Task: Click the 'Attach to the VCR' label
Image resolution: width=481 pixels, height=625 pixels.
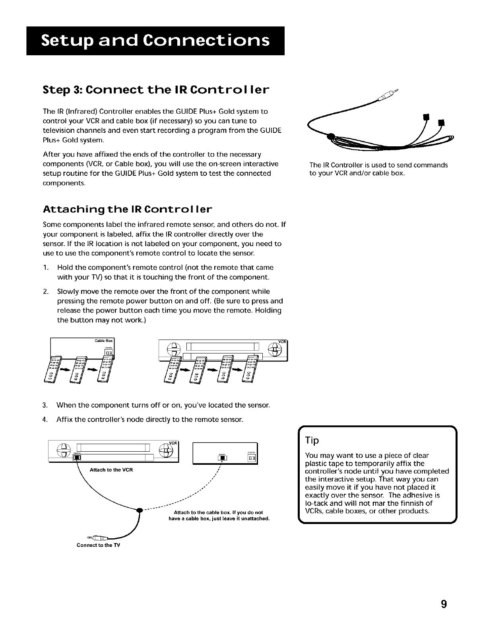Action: click(x=111, y=470)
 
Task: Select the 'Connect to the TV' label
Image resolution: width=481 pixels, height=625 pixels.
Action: click(x=98, y=545)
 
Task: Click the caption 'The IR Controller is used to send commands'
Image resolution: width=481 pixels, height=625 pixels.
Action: click(x=378, y=165)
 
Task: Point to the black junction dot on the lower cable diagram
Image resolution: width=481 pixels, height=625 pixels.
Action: click(x=139, y=511)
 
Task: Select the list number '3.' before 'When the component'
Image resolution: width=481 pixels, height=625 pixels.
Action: click(x=45, y=406)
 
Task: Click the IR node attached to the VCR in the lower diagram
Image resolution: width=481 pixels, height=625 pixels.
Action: click(x=78, y=458)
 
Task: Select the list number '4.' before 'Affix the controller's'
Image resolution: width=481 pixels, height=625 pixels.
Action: click(x=45, y=419)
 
